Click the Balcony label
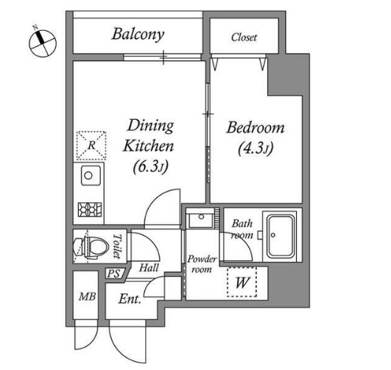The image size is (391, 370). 138,35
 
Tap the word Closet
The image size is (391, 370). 244,38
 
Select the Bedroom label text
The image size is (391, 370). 256,127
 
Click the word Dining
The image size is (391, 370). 150,126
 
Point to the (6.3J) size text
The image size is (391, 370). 150,166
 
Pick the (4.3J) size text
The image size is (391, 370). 256,149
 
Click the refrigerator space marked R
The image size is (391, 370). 91,146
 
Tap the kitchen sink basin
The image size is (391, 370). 91,175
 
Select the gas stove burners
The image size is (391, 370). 90,210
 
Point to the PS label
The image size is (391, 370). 113,274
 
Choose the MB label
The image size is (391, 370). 87,296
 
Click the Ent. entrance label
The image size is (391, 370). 130,299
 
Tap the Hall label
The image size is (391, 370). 149,268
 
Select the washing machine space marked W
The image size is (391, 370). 242,282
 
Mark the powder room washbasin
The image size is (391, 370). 201,218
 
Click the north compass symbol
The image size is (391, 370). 43,43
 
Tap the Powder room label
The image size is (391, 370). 202,264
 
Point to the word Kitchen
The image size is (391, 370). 148,146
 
